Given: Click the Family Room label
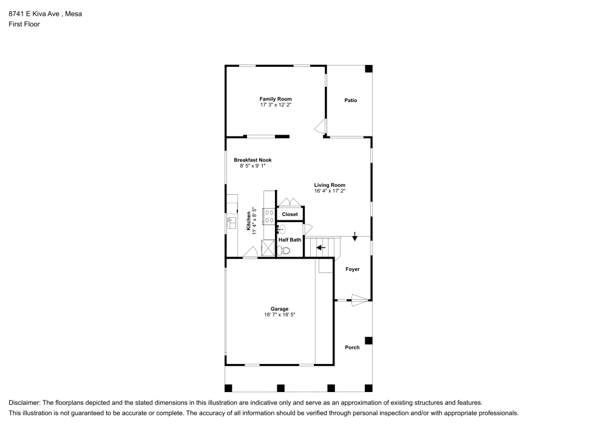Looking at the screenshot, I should (276, 99).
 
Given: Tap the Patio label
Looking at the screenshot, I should (350, 100).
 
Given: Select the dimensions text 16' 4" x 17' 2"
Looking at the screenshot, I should (330, 191).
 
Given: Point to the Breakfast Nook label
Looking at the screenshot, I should (253, 160).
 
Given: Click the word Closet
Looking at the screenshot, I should (290, 214).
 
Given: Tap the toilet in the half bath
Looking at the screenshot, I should (286, 250).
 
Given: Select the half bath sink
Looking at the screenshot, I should (282, 229).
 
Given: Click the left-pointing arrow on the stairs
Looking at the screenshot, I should (320, 248).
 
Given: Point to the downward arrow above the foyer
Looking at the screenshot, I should (354, 236).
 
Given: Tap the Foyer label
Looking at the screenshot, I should (352, 269).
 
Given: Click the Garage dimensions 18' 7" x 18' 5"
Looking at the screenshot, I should (279, 315).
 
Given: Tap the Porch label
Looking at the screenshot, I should (352, 348).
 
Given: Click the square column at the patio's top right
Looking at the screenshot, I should (368, 69).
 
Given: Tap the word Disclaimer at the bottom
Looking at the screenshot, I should (24, 402).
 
